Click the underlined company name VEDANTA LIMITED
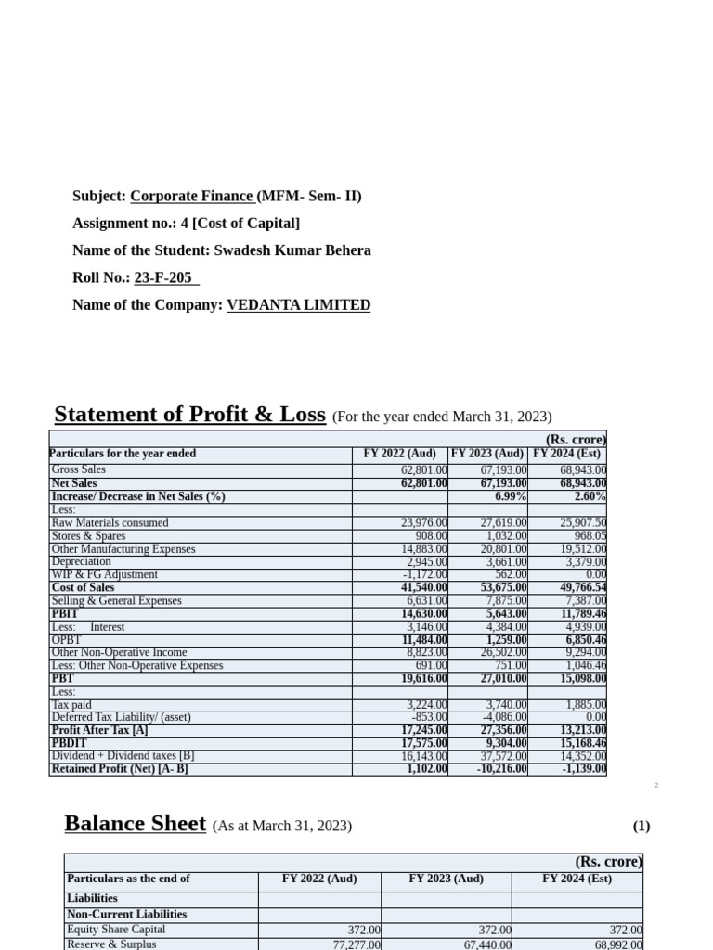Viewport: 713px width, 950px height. pos(298,304)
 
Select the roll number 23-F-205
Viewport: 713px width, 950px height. pos(166,277)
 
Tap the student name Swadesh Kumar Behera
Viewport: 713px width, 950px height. pos(292,250)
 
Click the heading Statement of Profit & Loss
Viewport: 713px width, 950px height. pos(189,415)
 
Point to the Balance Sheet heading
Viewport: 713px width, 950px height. pos(135,824)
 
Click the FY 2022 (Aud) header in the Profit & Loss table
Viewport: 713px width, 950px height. pos(399,454)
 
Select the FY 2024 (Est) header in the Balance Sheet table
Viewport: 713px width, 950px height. pos(577,879)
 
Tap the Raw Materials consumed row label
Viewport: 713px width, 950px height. pos(110,523)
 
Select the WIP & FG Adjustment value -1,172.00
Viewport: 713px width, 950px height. pos(425,574)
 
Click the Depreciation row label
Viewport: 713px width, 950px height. pos(82,561)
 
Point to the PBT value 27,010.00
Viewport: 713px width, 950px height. pos(502,678)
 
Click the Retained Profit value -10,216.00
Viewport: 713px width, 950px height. pos(499,769)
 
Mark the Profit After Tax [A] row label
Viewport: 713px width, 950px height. pos(100,730)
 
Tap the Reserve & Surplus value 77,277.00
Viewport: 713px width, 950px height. pos(356,944)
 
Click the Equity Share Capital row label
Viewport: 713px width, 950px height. pos(116,930)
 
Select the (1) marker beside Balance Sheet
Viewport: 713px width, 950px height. pos(641,826)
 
